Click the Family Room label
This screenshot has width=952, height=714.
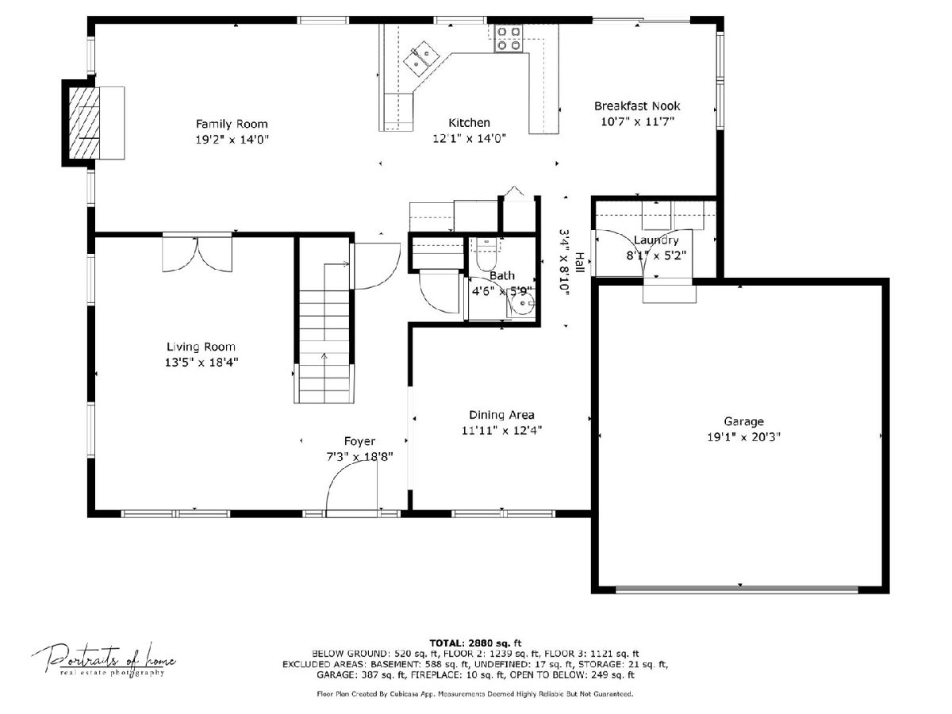[232, 124]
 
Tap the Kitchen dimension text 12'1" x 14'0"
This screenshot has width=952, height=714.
[470, 138]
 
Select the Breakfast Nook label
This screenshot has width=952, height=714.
[637, 106]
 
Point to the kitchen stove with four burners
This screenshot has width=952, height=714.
[509, 38]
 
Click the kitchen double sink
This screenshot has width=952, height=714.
[421, 59]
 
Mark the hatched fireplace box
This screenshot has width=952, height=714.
[85, 123]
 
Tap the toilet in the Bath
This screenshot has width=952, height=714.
[486, 255]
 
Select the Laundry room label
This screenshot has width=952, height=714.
[656, 240]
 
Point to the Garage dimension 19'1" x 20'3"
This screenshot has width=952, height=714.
[743, 436]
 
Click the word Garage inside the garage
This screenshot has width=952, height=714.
[743, 421]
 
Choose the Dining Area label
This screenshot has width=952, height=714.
[501, 415]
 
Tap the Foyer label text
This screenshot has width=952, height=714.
[359, 441]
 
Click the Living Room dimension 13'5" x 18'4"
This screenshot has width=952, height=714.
[202, 362]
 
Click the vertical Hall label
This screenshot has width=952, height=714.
[579, 263]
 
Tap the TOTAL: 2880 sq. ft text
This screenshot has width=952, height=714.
[475, 643]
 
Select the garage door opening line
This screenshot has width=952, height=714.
[737, 589]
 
